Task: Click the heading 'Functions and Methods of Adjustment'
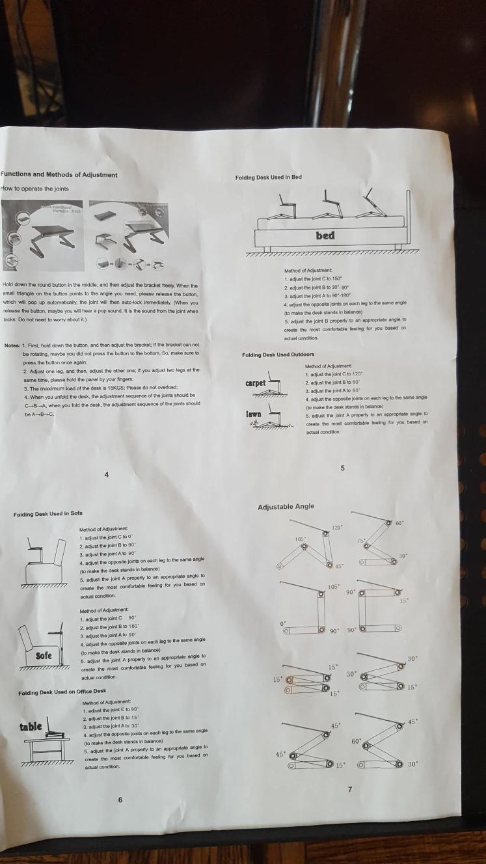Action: (59, 174)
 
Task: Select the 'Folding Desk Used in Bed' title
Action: (269, 177)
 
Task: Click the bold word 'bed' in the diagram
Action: (325, 235)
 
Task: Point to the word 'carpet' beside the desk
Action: (255, 383)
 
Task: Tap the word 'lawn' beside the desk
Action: (254, 414)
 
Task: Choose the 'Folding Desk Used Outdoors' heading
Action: (278, 355)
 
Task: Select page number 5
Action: (343, 468)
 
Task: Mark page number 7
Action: (349, 790)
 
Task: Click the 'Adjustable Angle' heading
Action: (286, 507)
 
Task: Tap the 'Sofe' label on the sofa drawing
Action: (44, 653)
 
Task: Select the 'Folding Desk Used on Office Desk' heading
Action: (62, 691)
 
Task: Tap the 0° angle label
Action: (283, 623)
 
